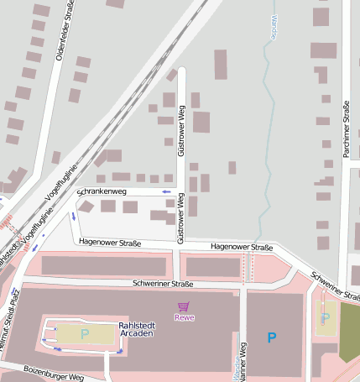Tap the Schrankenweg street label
tap(102, 192)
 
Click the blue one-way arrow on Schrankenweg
tap(166, 192)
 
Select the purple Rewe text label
tap(183, 317)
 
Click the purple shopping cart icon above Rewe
tap(183, 306)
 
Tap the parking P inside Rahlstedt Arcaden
tap(84, 334)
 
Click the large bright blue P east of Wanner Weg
tap(270, 338)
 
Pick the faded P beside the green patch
tap(325, 318)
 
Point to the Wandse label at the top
tap(274, 28)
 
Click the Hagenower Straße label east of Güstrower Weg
tap(242, 248)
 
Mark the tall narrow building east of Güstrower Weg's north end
tap(220, 64)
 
